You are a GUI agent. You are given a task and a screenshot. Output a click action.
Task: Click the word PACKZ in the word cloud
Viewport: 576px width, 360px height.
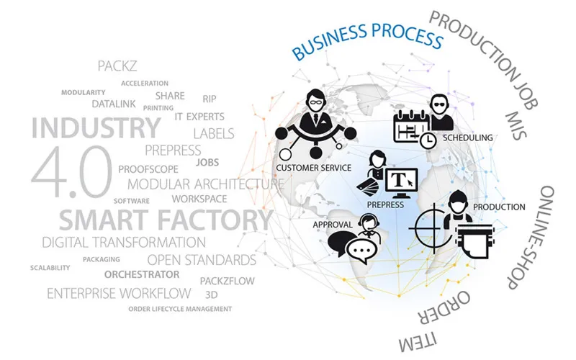pos(117,66)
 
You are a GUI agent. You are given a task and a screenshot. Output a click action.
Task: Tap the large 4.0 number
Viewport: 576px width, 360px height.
pos(71,171)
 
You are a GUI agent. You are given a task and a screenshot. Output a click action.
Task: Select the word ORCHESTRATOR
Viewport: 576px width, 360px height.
pos(142,274)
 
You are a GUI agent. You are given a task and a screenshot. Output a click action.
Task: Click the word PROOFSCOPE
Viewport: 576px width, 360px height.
pos(148,169)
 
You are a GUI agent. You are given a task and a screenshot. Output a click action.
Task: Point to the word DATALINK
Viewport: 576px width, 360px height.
pos(114,104)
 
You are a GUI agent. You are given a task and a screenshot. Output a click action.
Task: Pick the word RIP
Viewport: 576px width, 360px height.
pos(210,99)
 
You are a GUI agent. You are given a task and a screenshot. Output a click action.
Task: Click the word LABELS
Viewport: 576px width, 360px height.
pos(214,134)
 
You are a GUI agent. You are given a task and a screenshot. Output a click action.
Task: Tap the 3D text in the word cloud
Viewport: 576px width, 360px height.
pos(211,294)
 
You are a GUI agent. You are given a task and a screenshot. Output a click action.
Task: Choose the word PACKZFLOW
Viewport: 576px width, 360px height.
pos(227,281)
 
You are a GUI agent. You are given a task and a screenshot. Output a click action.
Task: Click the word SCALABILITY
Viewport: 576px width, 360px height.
pos(50,268)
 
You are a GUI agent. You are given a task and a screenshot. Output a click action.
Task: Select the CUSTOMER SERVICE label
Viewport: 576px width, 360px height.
pos(314,168)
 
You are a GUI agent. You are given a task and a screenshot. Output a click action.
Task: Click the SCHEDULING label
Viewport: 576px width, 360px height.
pos(467,138)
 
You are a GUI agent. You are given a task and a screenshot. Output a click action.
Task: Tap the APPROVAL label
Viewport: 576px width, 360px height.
pos(333,225)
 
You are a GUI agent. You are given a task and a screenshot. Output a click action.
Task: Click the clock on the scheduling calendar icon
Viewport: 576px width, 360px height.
pos(428,140)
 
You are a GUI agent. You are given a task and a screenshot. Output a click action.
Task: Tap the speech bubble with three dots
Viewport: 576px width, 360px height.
pos(362,251)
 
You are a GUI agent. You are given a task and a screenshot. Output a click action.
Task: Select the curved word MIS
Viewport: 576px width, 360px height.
pos(516,125)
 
